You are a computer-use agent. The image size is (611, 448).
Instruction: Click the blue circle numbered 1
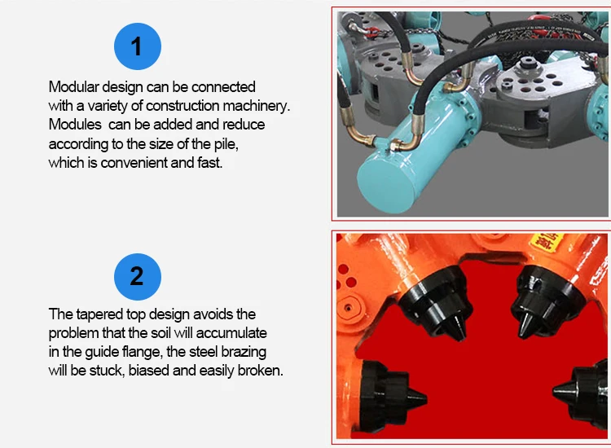pos(138,46)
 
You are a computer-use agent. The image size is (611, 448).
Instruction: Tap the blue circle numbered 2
pos(138,277)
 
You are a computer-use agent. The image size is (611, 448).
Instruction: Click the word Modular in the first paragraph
pos(73,86)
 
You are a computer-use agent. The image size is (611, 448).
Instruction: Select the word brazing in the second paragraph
pos(244,352)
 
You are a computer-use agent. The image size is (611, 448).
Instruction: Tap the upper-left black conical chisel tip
pos(456,329)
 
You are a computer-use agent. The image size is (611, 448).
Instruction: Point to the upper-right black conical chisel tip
pos(526,325)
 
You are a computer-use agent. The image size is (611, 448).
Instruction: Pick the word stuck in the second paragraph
pos(107,370)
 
